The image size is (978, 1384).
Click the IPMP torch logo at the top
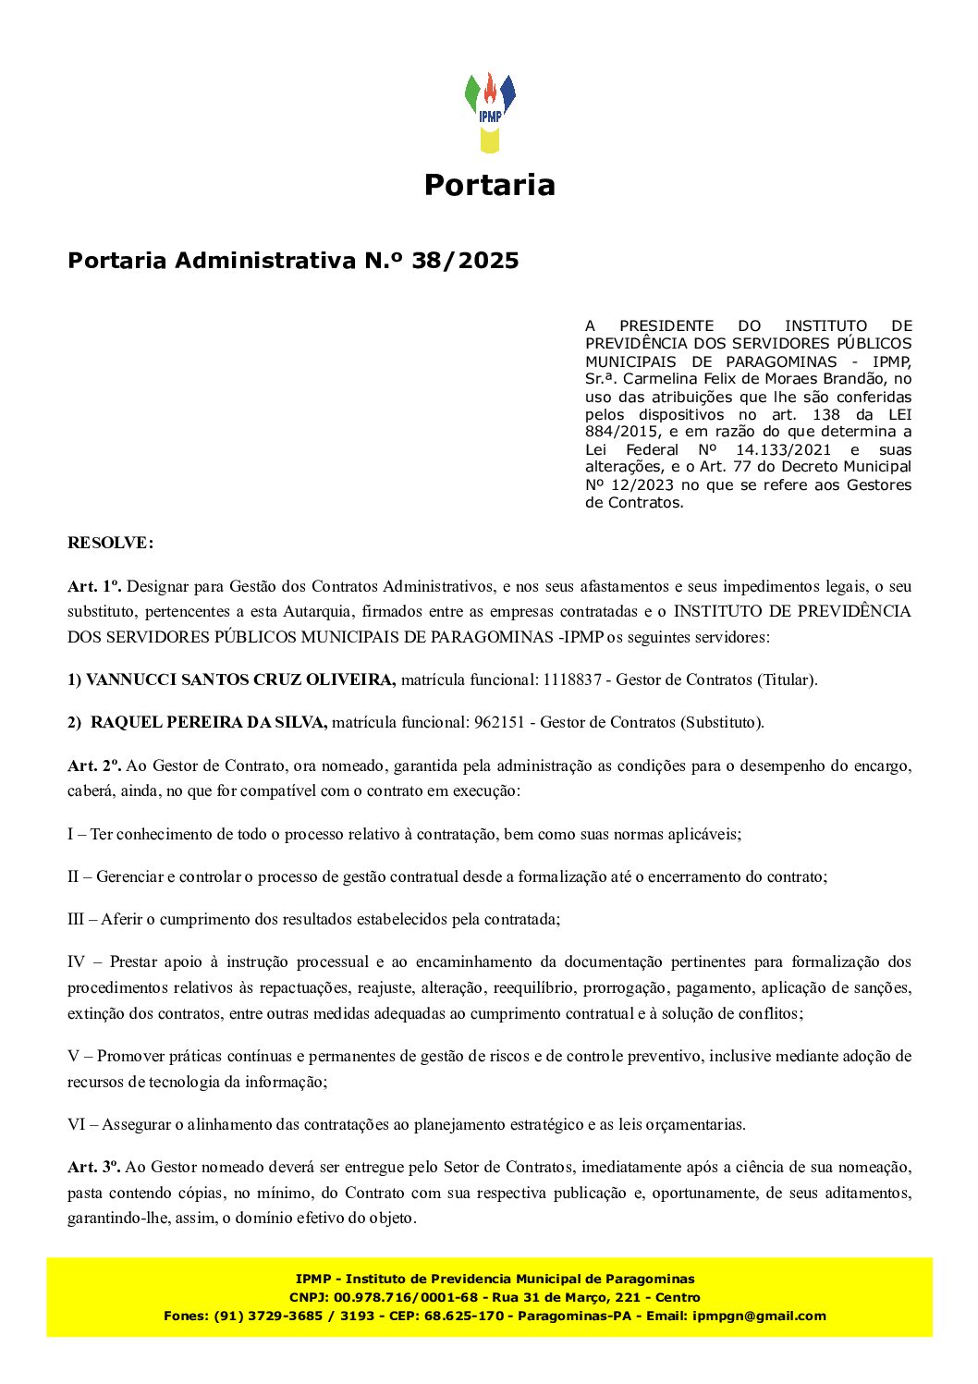point(490,112)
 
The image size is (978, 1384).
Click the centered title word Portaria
point(489,185)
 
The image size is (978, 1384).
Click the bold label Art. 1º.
point(94,586)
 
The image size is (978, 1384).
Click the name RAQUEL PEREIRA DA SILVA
point(209,722)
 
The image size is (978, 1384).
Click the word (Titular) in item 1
point(788,680)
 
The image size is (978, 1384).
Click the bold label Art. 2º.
point(94,765)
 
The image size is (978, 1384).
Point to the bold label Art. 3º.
point(94,1168)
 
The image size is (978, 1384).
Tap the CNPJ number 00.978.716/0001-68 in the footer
point(406,1297)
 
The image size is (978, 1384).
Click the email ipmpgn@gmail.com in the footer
point(759,1316)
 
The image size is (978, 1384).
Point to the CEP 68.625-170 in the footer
point(470,1316)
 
